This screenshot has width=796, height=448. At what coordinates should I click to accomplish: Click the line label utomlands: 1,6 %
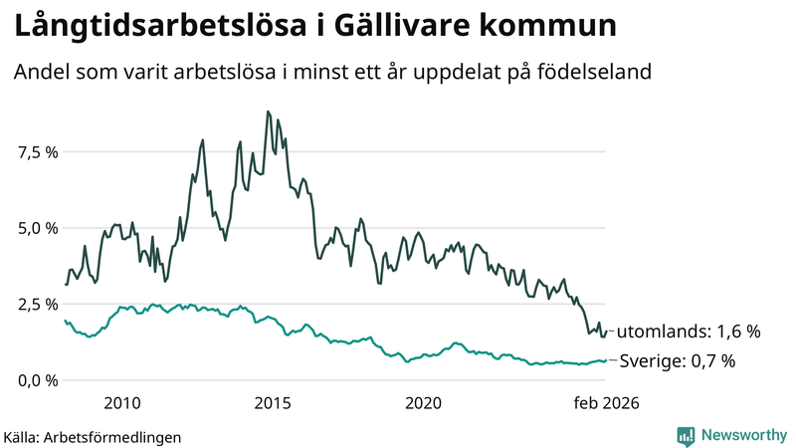click(x=689, y=331)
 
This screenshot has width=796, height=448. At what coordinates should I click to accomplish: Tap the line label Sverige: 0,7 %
click(x=677, y=361)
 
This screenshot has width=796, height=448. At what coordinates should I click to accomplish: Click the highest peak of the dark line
click(x=268, y=112)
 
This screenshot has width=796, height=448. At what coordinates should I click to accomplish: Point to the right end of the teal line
click(x=606, y=360)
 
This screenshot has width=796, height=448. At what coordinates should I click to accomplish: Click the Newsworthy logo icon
click(x=686, y=435)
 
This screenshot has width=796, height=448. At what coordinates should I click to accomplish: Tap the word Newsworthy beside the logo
click(x=741, y=435)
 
